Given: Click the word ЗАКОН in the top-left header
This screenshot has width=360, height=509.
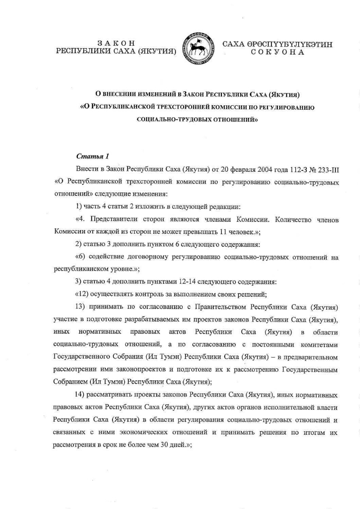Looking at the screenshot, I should coord(116,43).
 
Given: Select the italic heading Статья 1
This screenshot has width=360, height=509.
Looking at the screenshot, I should coord(93,157).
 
